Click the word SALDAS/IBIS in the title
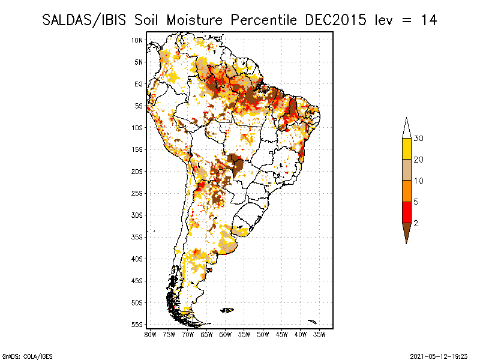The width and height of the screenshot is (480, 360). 84,20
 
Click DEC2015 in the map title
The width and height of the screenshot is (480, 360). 335,20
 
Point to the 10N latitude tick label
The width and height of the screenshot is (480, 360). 137,40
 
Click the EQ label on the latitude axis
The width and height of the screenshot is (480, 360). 139,84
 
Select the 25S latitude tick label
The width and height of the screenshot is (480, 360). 137,193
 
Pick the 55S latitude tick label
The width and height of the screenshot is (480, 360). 137,325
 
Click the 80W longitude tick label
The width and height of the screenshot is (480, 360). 150,335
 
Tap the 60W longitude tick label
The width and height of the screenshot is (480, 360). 226,335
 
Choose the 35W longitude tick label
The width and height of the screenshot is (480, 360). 319,335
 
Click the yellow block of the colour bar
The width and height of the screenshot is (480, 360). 407,149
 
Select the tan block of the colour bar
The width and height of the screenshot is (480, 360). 407,170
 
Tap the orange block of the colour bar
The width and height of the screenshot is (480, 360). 407,191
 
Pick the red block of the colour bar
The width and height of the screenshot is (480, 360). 407,212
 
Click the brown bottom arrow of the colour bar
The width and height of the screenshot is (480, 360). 407,231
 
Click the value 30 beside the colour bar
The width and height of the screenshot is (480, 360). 418,139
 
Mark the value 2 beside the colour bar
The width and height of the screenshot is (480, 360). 416,223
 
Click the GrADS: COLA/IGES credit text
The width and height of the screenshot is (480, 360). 27,356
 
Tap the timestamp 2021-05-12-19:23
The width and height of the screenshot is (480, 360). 439,356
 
